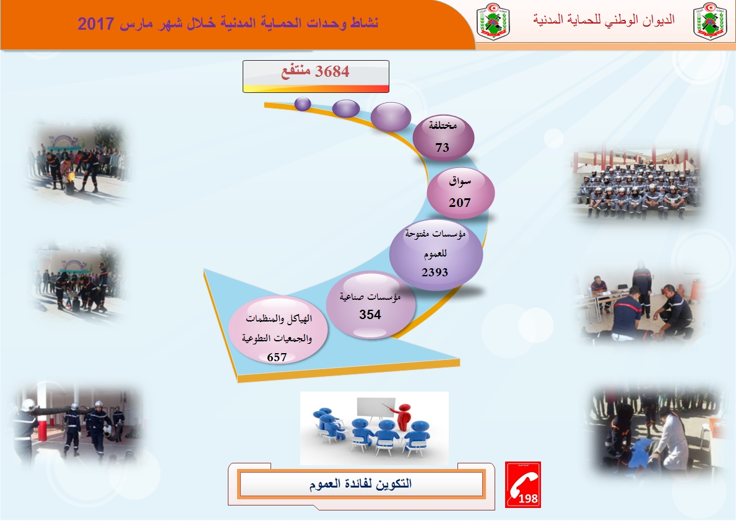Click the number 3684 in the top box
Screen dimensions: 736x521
click(x=332, y=71)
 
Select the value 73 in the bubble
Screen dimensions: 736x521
click(x=442, y=147)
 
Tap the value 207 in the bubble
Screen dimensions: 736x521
click(x=459, y=203)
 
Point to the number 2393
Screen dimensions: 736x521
click(x=435, y=272)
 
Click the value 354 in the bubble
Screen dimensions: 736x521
click(x=370, y=314)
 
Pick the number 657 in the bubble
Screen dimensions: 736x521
click(x=277, y=357)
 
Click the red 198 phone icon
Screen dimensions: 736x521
click(x=523, y=484)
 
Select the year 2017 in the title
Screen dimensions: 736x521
click(x=96, y=24)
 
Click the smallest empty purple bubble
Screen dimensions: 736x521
click(x=303, y=103)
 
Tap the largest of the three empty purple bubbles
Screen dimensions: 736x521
click(x=391, y=116)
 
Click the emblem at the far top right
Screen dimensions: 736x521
click(x=710, y=21)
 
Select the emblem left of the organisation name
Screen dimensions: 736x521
click(x=493, y=21)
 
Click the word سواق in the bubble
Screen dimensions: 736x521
click(x=460, y=182)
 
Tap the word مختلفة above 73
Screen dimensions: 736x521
click(x=443, y=125)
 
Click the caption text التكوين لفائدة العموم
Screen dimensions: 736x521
click(x=360, y=483)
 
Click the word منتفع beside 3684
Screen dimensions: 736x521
click(x=296, y=72)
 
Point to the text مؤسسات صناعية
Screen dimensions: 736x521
click(x=370, y=297)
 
